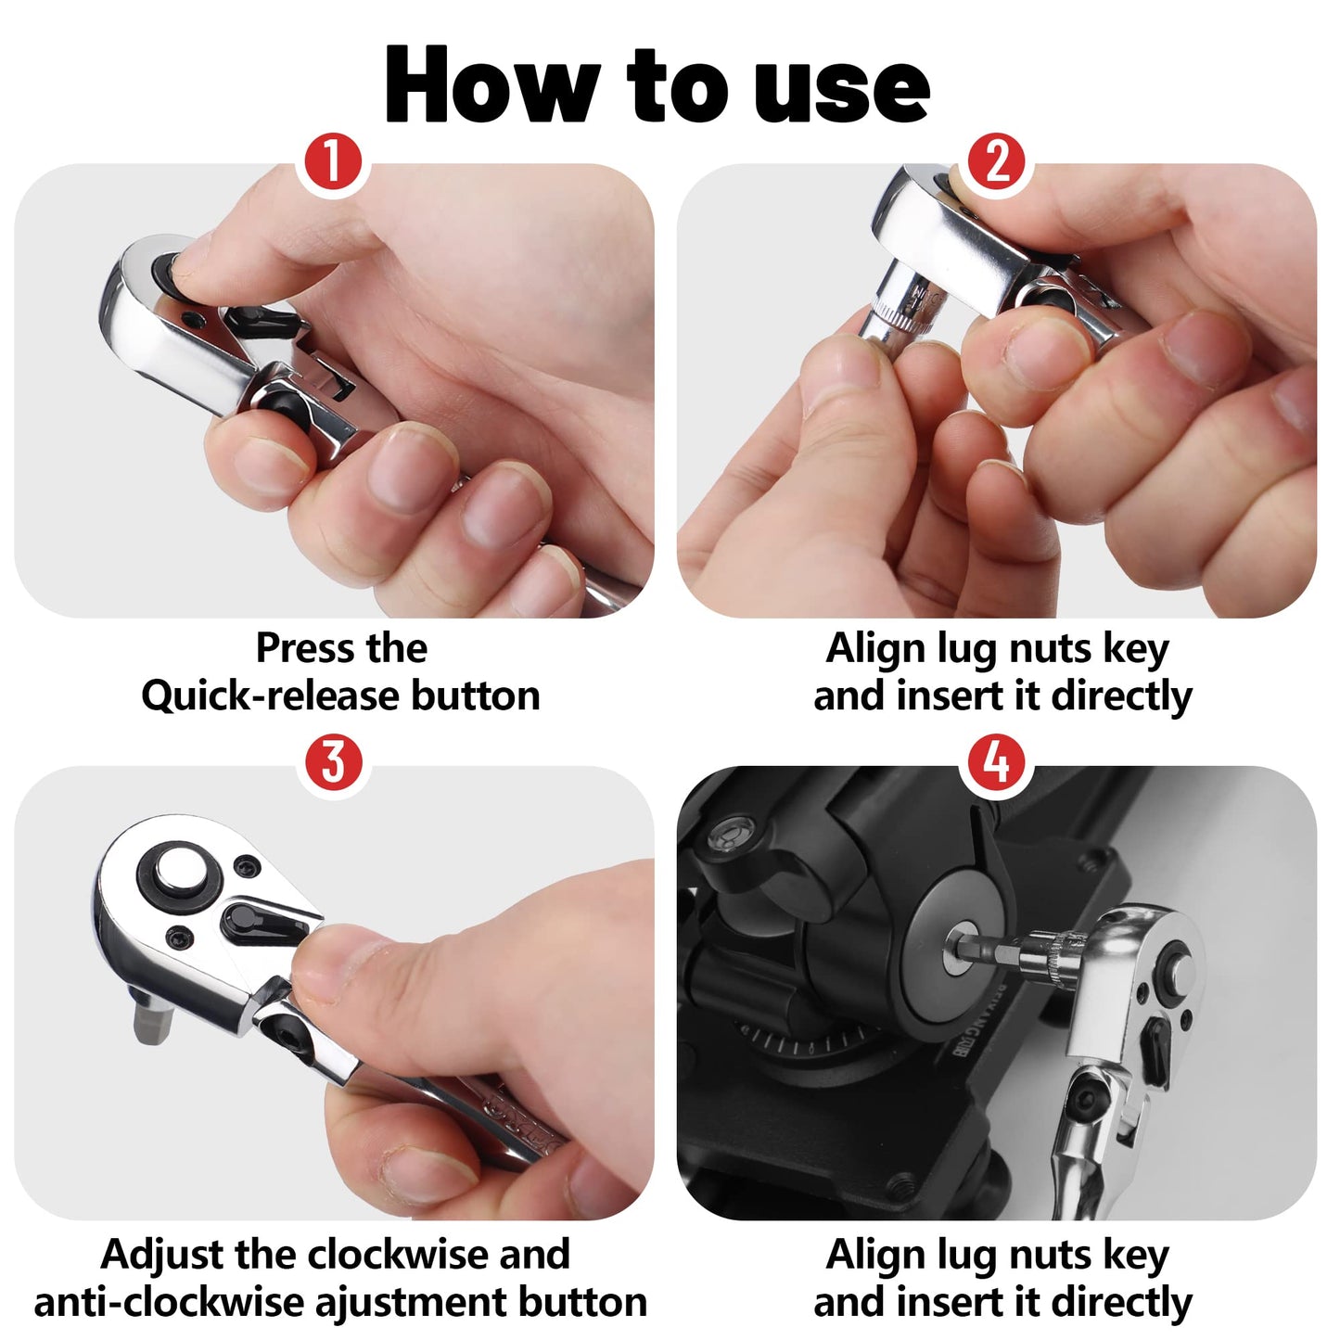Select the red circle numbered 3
tap(333, 762)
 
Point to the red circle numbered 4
tap(997, 762)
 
